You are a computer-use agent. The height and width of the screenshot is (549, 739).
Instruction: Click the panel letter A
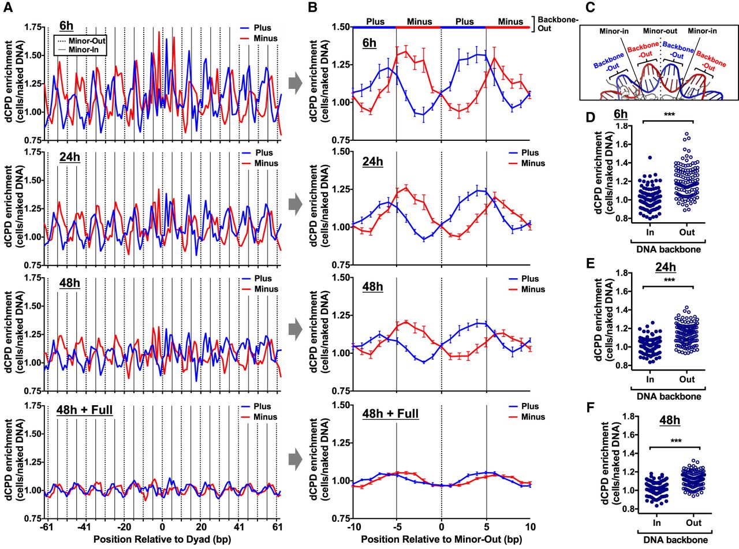8,8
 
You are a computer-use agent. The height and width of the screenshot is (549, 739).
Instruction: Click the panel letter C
589,8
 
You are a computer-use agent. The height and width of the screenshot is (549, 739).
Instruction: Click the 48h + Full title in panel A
85,410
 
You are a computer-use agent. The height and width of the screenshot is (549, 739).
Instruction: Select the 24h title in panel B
373,162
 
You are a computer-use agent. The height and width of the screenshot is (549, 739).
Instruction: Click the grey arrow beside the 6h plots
295,83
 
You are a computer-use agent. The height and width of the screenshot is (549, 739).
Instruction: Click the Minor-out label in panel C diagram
660,31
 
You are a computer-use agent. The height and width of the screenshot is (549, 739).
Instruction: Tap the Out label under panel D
687,232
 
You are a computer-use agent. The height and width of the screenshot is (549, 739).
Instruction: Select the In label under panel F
656,522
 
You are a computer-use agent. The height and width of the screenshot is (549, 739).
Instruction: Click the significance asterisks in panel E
669,280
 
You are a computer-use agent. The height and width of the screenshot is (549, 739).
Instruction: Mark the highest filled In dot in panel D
650,158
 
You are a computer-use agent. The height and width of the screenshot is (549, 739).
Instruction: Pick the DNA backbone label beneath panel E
669,397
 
